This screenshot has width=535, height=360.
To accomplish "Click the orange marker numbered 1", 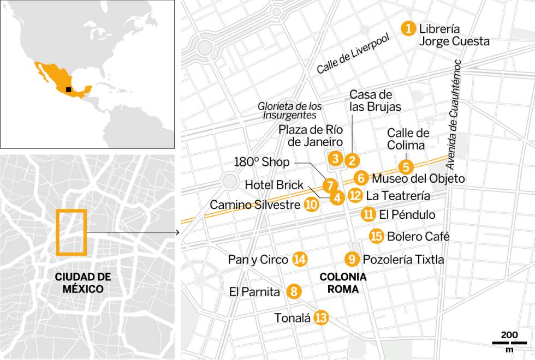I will tap(407, 28).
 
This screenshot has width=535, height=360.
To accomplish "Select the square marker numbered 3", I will tap(336, 159).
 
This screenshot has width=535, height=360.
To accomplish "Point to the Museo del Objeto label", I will tap(418, 178).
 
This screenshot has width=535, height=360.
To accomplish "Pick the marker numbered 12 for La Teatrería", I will tap(355, 195).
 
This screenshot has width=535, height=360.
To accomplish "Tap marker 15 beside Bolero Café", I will tap(376, 236).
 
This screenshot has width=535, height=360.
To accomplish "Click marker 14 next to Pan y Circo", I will tap(299, 260).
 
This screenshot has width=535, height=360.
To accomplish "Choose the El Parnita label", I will tap(254, 292).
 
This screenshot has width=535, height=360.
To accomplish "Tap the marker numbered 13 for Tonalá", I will tap(322, 318).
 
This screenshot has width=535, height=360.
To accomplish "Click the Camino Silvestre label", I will tap(255, 205).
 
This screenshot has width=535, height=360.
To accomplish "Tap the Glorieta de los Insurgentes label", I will tap(290, 111).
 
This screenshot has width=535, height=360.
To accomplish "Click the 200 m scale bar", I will tap(508, 343).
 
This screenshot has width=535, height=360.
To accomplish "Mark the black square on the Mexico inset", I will tap(68, 90).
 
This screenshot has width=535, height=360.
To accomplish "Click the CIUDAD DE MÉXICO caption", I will tap(79, 283).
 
